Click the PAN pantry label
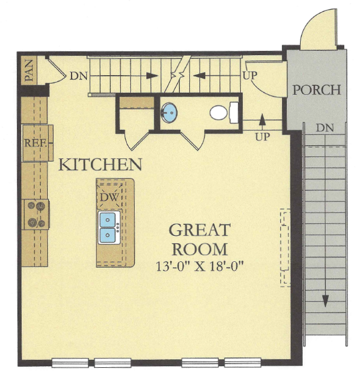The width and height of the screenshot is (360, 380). [29, 70]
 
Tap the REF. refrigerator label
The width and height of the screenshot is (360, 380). [36, 143]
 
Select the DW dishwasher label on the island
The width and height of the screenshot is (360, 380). [109, 197]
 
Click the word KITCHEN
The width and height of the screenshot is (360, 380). [100, 165]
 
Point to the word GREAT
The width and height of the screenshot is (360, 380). [199, 230]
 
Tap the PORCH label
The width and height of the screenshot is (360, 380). [317, 90]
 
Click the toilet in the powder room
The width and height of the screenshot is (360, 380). [224, 112]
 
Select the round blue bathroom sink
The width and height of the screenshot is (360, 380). [169, 113]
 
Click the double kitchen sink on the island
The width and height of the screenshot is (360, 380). [109, 227]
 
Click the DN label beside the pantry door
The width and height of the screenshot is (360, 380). [78, 76]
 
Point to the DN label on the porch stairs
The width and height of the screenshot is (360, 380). [324, 128]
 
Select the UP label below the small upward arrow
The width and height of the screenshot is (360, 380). [262, 137]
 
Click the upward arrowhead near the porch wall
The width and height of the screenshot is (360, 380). [261, 119]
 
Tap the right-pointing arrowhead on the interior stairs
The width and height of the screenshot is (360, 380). [152, 76]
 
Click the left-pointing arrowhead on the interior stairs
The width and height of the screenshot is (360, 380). [199, 76]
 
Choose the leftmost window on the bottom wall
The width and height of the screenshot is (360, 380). [70, 363]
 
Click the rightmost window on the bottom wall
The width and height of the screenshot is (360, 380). [242, 363]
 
